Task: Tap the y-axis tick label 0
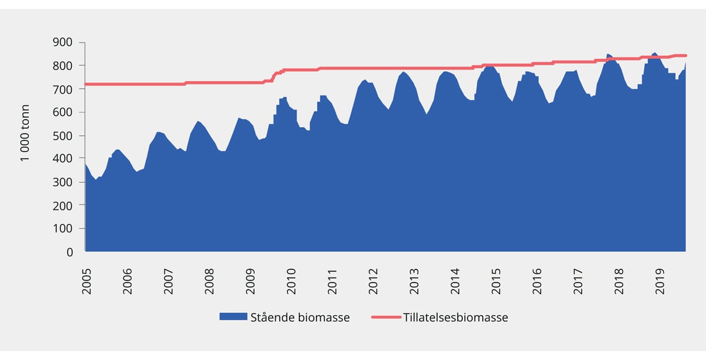pyautogui.click(x=70, y=252)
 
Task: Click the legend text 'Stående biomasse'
pyautogui.click(x=300, y=318)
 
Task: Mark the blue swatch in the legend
pyautogui.click(x=232, y=317)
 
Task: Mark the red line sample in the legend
pyautogui.click(x=386, y=318)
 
